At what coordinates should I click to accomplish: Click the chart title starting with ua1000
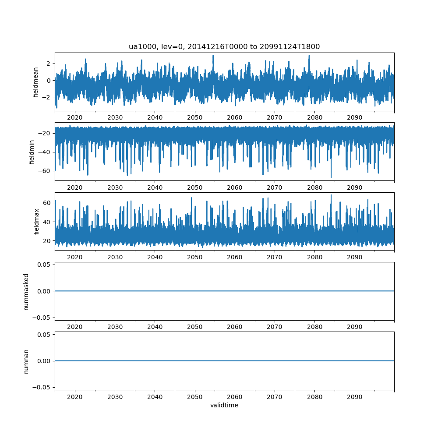(224, 47)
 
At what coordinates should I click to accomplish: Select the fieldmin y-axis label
(32, 152)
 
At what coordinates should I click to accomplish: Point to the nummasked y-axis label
(26, 291)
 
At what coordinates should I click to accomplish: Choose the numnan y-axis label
(26, 361)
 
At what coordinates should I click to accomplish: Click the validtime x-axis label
(224, 406)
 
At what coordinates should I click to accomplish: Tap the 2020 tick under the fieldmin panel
(75, 188)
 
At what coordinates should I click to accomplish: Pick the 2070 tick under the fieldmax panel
(275, 258)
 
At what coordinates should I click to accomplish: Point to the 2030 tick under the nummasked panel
(115, 327)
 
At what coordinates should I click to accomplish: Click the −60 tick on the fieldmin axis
(45, 170)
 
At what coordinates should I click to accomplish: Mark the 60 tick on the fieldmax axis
(47, 203)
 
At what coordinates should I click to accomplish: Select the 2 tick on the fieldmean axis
(49, 64)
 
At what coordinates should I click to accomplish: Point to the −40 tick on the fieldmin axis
(45, 152)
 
